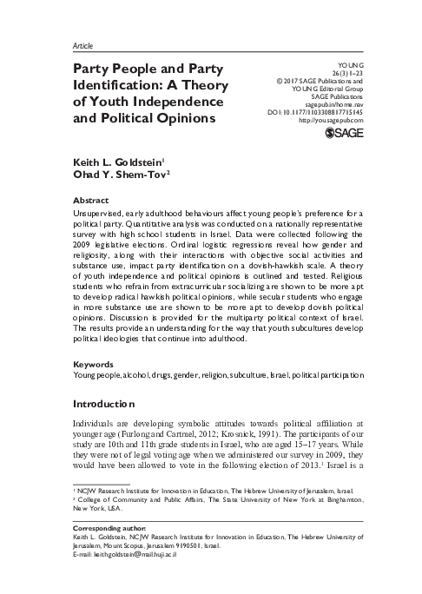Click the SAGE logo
pos(342,132)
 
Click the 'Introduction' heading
pos(101,427)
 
